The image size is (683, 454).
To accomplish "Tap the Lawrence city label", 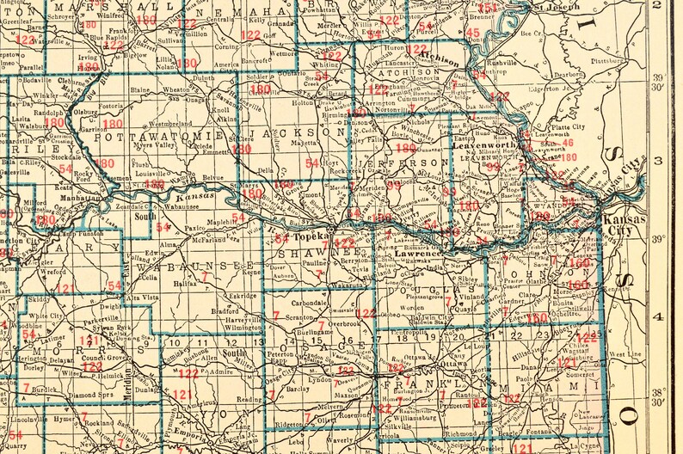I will point(419,255).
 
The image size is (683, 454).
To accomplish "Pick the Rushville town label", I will point(501,63).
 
